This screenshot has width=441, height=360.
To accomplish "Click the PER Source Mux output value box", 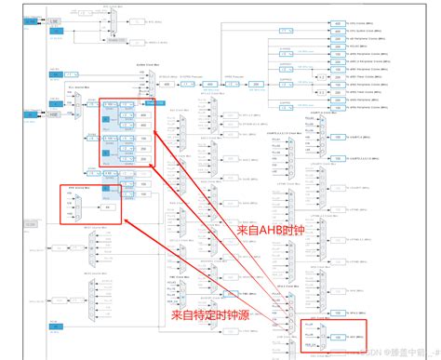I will (x=110, y=207).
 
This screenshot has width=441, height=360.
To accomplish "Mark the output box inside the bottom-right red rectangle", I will (x=339, y=336).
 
